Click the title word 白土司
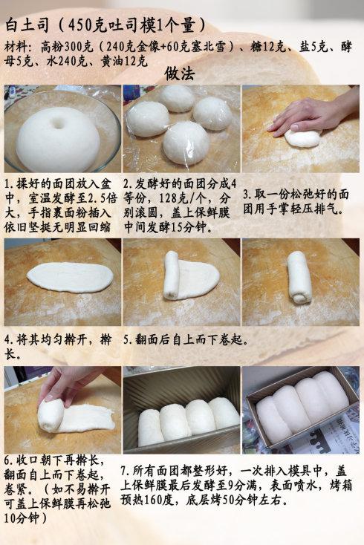[28, 24]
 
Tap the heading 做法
[180, 74]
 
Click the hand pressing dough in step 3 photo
[312, 115]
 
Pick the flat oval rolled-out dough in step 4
[70, 277]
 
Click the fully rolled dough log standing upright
[299, 278]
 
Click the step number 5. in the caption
[127, 340]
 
